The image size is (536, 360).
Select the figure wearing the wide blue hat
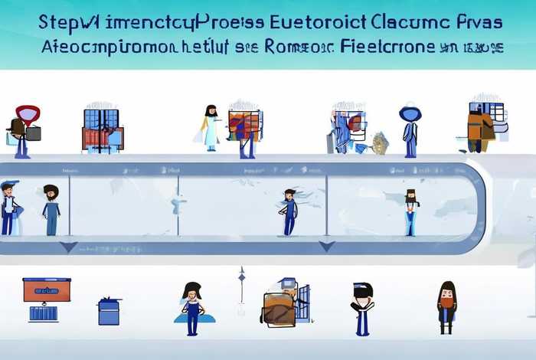[410, 126]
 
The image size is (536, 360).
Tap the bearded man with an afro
[51, 208]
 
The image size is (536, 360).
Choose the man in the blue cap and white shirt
[10, 207]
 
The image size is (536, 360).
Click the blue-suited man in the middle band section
[289, 211]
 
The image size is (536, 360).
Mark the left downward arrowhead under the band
[68, 247]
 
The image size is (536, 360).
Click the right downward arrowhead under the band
[327, 246]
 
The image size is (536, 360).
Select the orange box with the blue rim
[47, 290]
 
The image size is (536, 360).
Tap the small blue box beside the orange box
[109, 311]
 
